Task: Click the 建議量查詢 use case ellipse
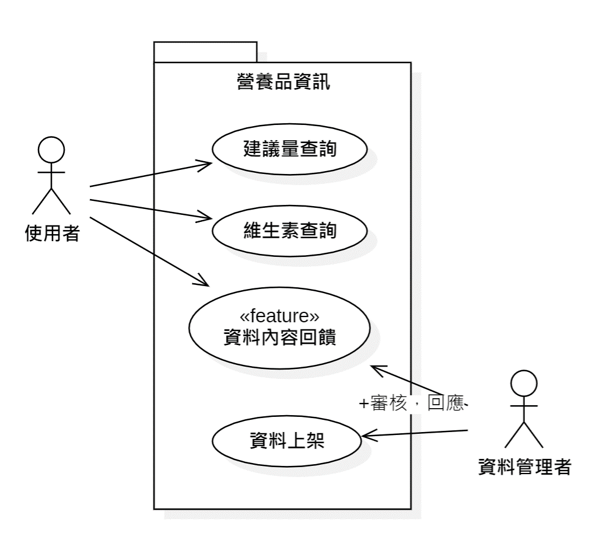pyautogui.click(x=289, y=149)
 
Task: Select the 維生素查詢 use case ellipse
pyautogui.click(x=289, y=232)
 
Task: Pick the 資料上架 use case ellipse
pyautogui.click(x=286, y=440)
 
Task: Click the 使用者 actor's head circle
pyautogui.click(x=51, y=150)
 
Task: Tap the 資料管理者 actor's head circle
pyautogui.click(x=523, y=382)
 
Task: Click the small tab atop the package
pyautogui.click(x=205, y=51)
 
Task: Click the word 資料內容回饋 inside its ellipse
pyautogui.click(x=279, y=337)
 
